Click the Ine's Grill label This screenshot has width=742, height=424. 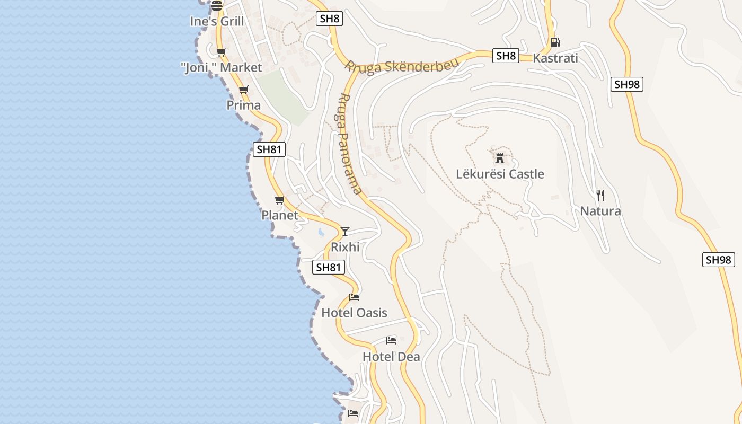[x=217, y=22]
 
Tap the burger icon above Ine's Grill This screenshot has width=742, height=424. [x=217, y=6]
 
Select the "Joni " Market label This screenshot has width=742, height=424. [x=221, y=68]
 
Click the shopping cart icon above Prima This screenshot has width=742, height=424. [x=243, y=90]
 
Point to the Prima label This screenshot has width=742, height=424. [x=243, y=105]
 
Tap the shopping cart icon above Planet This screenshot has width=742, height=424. [x=280, y=200]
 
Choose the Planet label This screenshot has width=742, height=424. [x=280, y=215]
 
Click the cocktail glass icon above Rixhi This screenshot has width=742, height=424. [x=345, y=231]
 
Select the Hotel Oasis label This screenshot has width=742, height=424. [x=354, y=313]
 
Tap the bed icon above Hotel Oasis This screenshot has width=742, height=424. [x=354, y=297]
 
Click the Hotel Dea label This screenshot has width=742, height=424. [x=391, y=357]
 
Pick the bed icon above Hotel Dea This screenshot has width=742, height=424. [x=391, y=340]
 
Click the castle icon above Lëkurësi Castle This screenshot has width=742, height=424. [x=499, y=158]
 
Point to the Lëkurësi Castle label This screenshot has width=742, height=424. [x=500, y=174]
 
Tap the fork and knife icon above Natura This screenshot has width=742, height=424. [x=600, y=196]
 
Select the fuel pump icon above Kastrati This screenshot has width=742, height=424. [x=555, y=42]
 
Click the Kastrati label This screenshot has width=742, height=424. [x=555, y=58]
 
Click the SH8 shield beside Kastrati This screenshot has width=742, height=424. [x=505, y=56]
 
